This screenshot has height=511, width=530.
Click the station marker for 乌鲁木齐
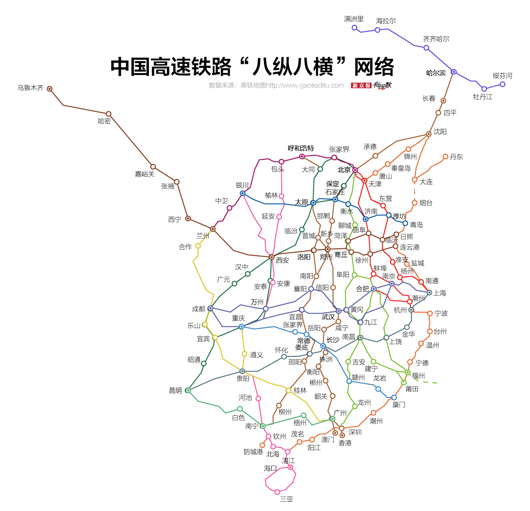tap(50, 89)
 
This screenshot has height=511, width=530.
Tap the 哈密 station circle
tap(108, 114)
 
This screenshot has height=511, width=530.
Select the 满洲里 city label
tap(354, 19)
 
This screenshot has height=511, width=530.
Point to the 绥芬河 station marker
tap(502, 84)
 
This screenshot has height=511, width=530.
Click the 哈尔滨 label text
tap(436, 73)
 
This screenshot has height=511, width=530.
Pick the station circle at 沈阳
tap(429, 134)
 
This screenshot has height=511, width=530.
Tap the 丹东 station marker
tap(445, 157)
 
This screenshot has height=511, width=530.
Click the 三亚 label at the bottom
tap(286, 499)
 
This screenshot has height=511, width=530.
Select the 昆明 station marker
tap(188, 391)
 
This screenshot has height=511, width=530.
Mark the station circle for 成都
tap(210, 308)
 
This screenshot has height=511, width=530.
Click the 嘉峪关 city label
tap(144, 174)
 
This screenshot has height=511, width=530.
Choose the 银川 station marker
tap(243, 193)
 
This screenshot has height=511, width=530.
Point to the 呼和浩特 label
tap(301, 148)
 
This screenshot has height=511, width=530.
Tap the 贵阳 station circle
tap(242, 372)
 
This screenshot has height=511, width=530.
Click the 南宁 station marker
tap(263, 426)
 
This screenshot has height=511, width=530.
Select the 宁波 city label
tap(441, 314)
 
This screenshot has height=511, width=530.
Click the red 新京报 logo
tap(361, 86)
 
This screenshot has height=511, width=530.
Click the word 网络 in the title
tap(374, 67)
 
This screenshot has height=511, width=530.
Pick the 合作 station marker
tap(198, 246)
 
